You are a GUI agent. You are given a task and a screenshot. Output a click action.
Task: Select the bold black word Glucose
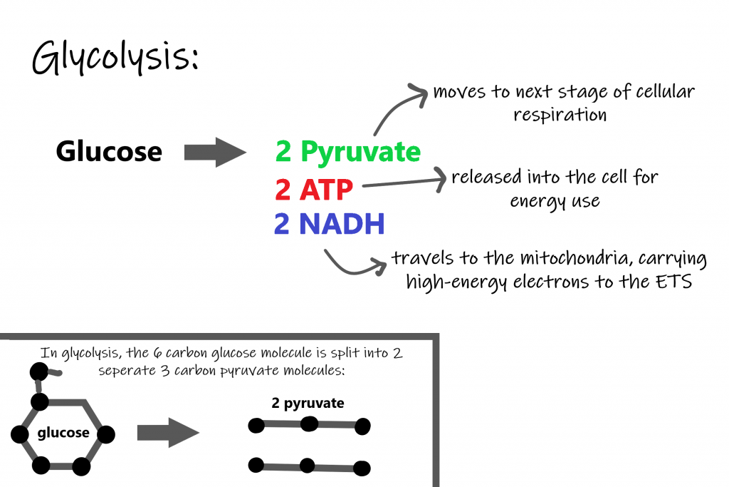pos(109,152)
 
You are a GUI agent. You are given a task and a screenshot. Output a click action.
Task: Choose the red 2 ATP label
pos(314,190)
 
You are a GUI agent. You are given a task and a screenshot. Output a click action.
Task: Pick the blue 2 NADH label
pos(329,225)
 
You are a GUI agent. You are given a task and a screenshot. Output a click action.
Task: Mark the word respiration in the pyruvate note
pos(560,115)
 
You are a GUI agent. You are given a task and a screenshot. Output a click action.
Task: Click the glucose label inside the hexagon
pos(63,433)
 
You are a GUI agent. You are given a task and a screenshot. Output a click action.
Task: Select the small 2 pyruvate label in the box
pos(308,404)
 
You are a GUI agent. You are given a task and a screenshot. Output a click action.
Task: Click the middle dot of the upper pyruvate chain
pos(309,424)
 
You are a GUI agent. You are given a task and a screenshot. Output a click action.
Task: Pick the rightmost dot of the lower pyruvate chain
pos(362,468)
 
